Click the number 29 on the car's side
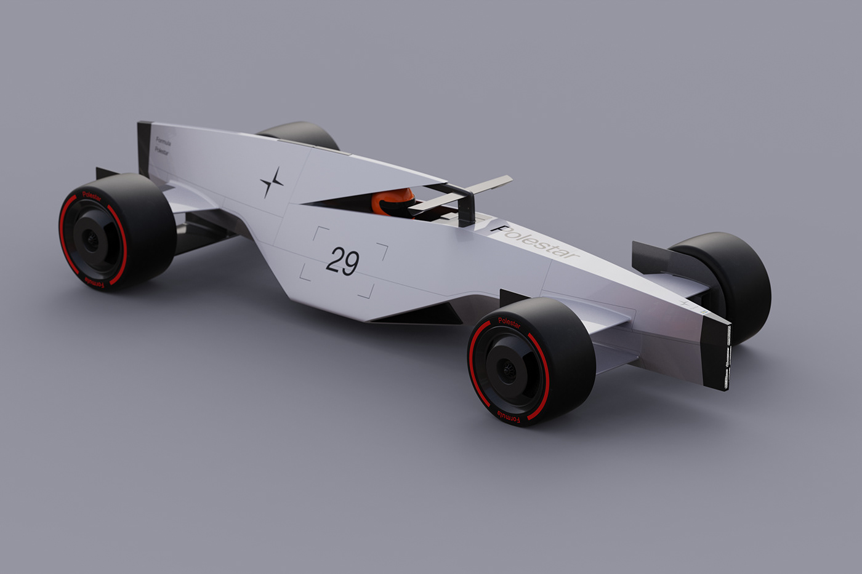click(x=342, y=261)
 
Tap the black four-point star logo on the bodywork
click(x=272, y=182)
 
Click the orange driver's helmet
click(x=393, y=201)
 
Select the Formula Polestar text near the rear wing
click(x=163, y=146)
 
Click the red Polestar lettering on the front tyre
click(x=509, y=323)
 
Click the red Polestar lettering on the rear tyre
click(x=92, y=196)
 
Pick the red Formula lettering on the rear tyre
click(x=95, y=282)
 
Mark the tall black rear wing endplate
click(x=144, y=148)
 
